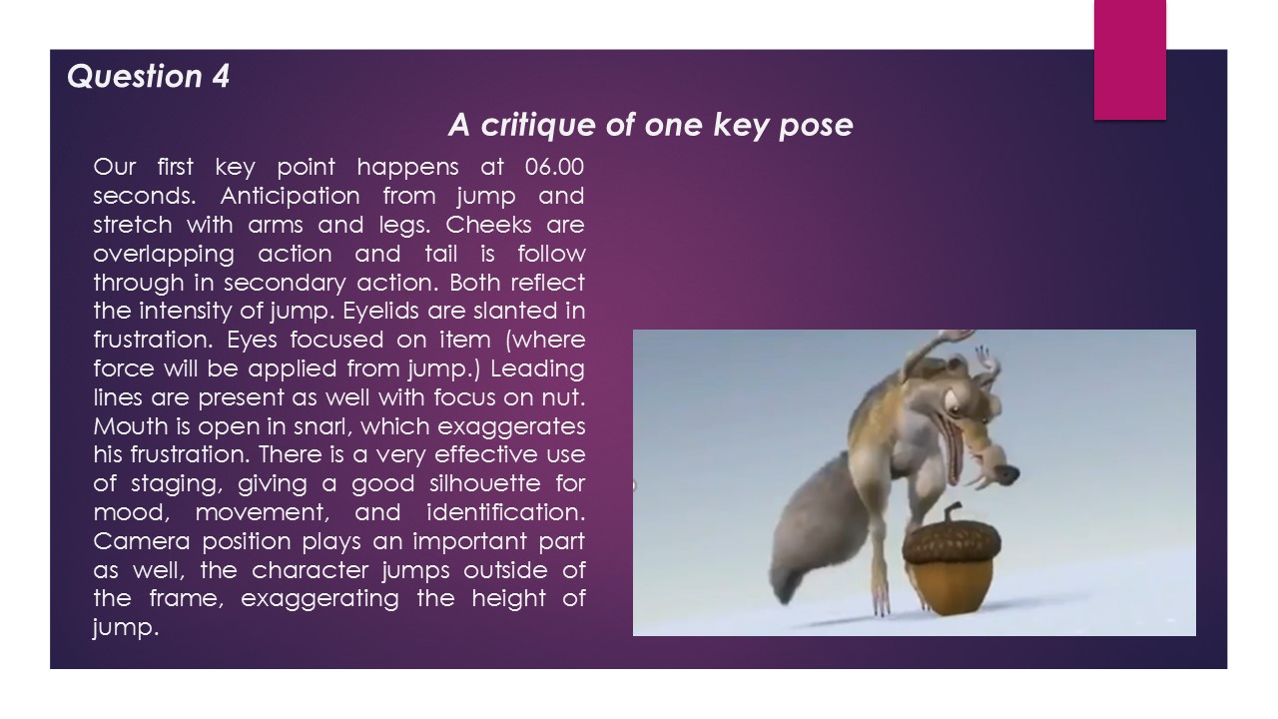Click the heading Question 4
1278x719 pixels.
point(148,76)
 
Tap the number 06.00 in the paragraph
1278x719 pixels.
point(554,166)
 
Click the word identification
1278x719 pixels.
point(505,513)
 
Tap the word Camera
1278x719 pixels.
point(139,542)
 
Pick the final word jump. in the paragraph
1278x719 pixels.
point(125,629)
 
